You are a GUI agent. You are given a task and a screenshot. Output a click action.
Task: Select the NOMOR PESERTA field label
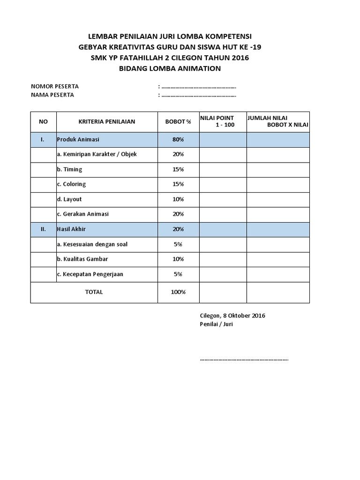(x=55, y=86)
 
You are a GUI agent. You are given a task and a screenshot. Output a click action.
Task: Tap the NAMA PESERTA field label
(x=52, y=95)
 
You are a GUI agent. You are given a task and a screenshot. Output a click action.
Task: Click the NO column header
(x=44, y=122)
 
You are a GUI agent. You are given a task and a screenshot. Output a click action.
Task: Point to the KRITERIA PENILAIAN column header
(x=107, y=122)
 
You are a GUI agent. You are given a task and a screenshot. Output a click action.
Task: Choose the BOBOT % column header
(x=178, y=122)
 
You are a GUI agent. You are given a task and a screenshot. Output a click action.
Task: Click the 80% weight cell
(x=178, y=140)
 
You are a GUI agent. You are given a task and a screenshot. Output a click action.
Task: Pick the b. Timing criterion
(x=70, y=169)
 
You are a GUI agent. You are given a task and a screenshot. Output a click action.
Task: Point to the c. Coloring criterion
(x=71, y=184)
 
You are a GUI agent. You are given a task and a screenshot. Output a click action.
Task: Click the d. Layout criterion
(x=69, y=199)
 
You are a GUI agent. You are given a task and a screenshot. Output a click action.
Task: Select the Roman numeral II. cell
(x=43, y=229)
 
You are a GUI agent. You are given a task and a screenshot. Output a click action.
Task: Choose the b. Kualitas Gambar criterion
(x=85, y=259)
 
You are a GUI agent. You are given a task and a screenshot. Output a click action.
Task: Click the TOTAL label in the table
(x=94, y=292)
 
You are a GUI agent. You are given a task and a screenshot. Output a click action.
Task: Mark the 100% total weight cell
(x=178, y=292)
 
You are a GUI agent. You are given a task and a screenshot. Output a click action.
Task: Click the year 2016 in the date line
(x=258, y=315)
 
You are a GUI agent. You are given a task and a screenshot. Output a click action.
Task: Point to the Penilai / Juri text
(x=216, y=324)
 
